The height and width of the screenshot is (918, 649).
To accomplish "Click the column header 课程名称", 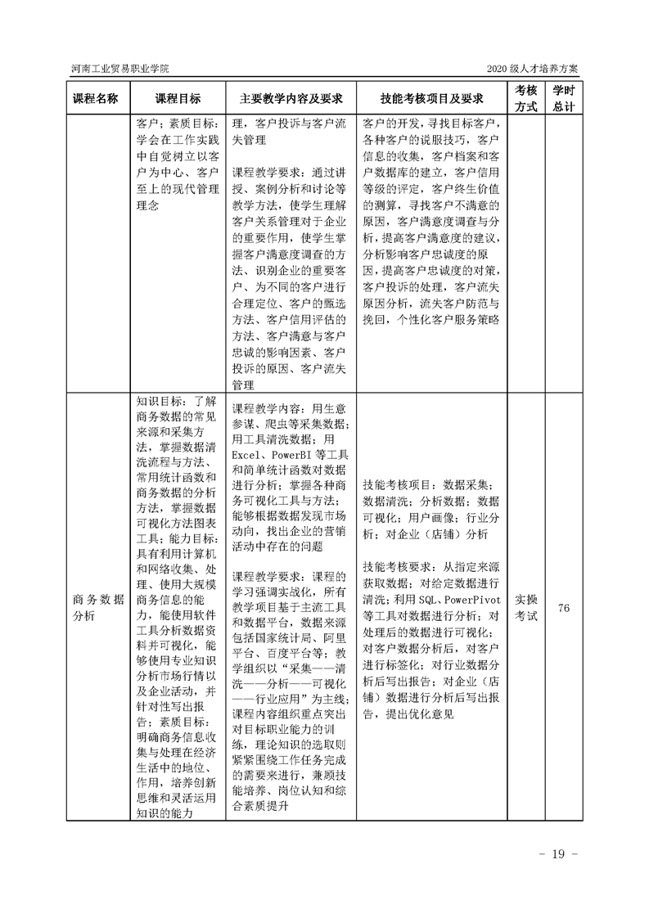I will click(96, 98).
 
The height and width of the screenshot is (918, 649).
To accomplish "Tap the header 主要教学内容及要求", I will click(291, 98).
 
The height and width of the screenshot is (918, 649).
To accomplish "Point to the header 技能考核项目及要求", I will click(431, 98).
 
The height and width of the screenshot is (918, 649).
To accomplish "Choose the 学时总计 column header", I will click(563, 98).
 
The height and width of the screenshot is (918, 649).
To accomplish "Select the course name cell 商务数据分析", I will click(96, 607).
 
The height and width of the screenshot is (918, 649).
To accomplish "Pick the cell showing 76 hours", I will click(563, 608).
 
